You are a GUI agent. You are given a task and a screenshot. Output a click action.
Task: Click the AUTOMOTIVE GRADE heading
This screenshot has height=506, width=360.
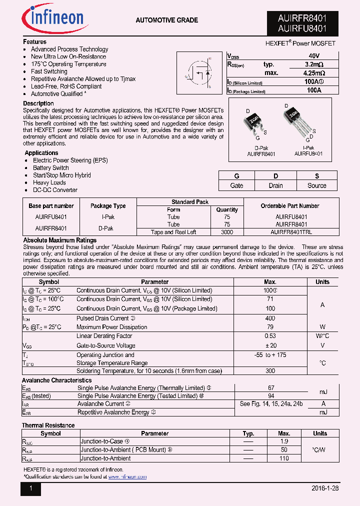click(x=166, y=20)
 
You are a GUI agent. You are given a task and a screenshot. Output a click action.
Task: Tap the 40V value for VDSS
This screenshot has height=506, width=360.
click(x=314, y=56)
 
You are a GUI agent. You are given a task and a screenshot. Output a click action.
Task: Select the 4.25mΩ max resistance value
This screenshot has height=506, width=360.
click(x=314, y=73)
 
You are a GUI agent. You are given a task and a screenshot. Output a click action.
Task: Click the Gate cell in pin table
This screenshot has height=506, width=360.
click(x=236, y=185)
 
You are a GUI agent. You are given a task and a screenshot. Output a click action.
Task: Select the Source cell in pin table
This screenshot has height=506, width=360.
click(x=316, y=185)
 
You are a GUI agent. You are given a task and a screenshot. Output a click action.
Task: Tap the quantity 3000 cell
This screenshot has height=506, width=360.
click(x=227, y=232)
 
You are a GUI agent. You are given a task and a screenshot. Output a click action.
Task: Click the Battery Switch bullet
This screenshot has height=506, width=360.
click(x=51, y=168)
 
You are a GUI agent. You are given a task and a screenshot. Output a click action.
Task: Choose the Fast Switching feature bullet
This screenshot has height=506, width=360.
click(x=49, y=71)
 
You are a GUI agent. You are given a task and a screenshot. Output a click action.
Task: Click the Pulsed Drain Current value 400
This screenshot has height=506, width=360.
click(x=270, y=318)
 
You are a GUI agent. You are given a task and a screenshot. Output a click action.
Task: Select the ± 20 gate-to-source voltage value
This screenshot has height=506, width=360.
click(x=270, y=345)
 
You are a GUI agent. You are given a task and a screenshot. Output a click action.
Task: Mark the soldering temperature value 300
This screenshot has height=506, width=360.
click(x=270, y=371)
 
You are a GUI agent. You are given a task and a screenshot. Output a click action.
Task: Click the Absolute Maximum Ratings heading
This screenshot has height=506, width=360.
click(x=60, y=240)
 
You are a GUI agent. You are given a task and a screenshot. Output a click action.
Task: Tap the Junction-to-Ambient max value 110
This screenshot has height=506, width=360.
click(x=284, y=458)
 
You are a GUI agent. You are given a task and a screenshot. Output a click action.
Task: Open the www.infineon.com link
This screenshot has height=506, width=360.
click(x=127, y=477)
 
